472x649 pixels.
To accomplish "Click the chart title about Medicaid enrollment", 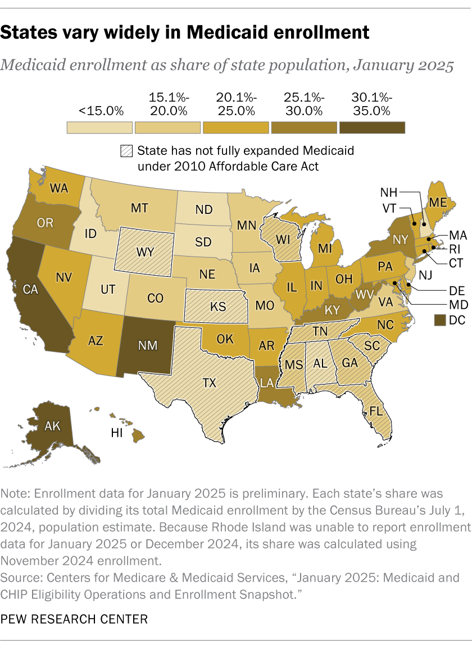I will tap(185, 33).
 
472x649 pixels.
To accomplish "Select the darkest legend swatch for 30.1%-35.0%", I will tap(372, 127).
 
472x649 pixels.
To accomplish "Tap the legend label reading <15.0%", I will tap(101, 111).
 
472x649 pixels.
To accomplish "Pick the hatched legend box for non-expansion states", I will tap(126, 151).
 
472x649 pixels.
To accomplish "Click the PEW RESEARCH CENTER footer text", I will tap(75, 620).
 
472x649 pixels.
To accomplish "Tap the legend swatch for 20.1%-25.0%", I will tap(235, 127).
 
